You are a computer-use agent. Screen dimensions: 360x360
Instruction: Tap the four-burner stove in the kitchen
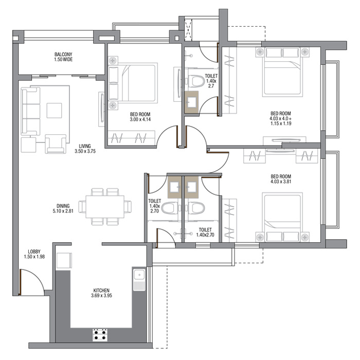100,335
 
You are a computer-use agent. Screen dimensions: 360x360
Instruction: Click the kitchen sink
139,279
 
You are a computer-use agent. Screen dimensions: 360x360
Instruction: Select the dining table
105,207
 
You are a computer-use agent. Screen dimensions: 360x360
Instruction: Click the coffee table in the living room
54,111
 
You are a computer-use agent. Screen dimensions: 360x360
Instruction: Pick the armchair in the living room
56,144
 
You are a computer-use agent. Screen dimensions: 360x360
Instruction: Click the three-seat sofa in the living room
30,112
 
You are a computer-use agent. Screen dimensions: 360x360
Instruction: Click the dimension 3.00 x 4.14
140,119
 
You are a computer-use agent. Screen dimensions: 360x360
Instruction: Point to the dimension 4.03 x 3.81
281,182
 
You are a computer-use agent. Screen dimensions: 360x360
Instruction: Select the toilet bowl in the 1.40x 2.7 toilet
196,81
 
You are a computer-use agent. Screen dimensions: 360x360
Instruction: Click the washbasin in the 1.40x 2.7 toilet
192,102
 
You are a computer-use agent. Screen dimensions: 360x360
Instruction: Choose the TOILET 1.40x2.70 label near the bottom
205,232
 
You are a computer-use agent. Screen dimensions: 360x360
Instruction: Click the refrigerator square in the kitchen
64,260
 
